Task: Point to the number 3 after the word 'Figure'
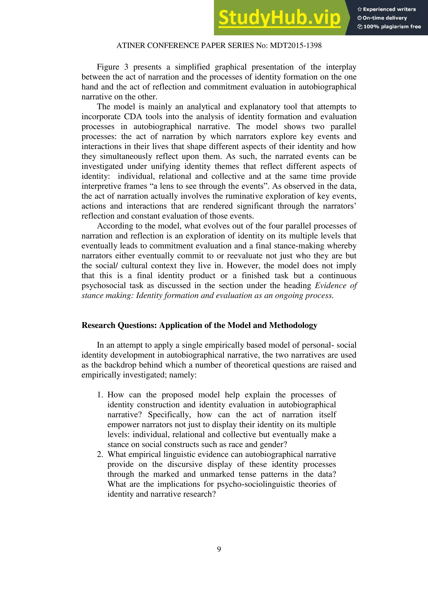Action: point(126,67)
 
